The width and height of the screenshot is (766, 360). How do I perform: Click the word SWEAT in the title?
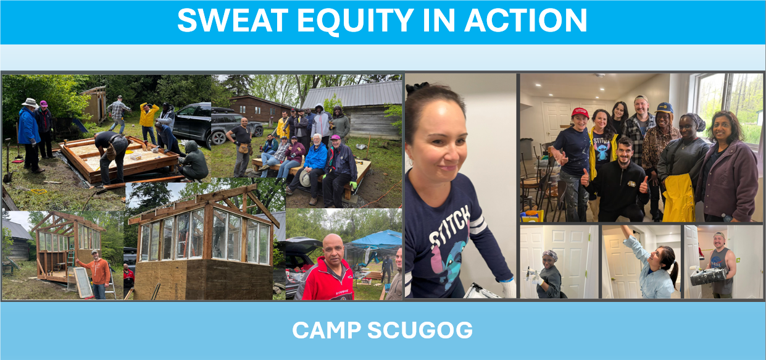pos(233,20)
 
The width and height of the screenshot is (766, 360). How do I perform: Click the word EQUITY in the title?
pos(356,20)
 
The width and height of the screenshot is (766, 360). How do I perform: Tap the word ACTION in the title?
pos(526,20)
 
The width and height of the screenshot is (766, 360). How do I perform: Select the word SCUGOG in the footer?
pos(420,330)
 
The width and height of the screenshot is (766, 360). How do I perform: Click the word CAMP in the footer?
pos(327,330)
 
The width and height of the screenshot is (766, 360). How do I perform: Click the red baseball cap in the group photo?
pos(580,112)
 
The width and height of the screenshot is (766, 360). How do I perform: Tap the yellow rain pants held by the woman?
pos(678,198)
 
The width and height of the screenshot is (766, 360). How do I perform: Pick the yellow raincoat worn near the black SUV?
pos(149,115)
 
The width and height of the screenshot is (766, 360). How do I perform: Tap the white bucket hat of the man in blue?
pos(30,103)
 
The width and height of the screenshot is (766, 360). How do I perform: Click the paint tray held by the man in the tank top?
pos(708,276)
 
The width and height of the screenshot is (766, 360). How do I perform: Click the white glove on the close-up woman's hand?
pos(508,288)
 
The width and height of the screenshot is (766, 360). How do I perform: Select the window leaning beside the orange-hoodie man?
pos(83,282)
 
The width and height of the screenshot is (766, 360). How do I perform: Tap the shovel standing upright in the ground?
pos(8,161)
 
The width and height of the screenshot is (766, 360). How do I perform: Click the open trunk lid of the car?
pos(302,243)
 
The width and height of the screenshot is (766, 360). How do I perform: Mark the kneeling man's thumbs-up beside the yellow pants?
pos(644,185)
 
